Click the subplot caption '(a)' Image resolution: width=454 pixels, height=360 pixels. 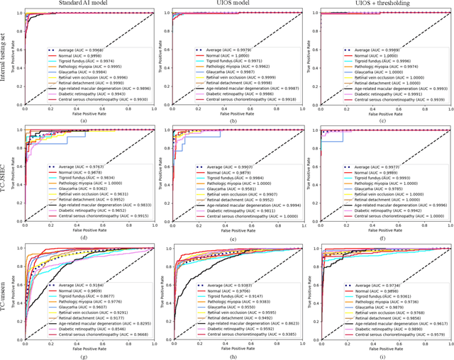[x=84, y=121]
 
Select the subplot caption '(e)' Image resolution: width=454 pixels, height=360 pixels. [x=233, y=240]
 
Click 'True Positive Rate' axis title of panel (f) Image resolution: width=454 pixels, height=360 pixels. [x=305, y=176]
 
